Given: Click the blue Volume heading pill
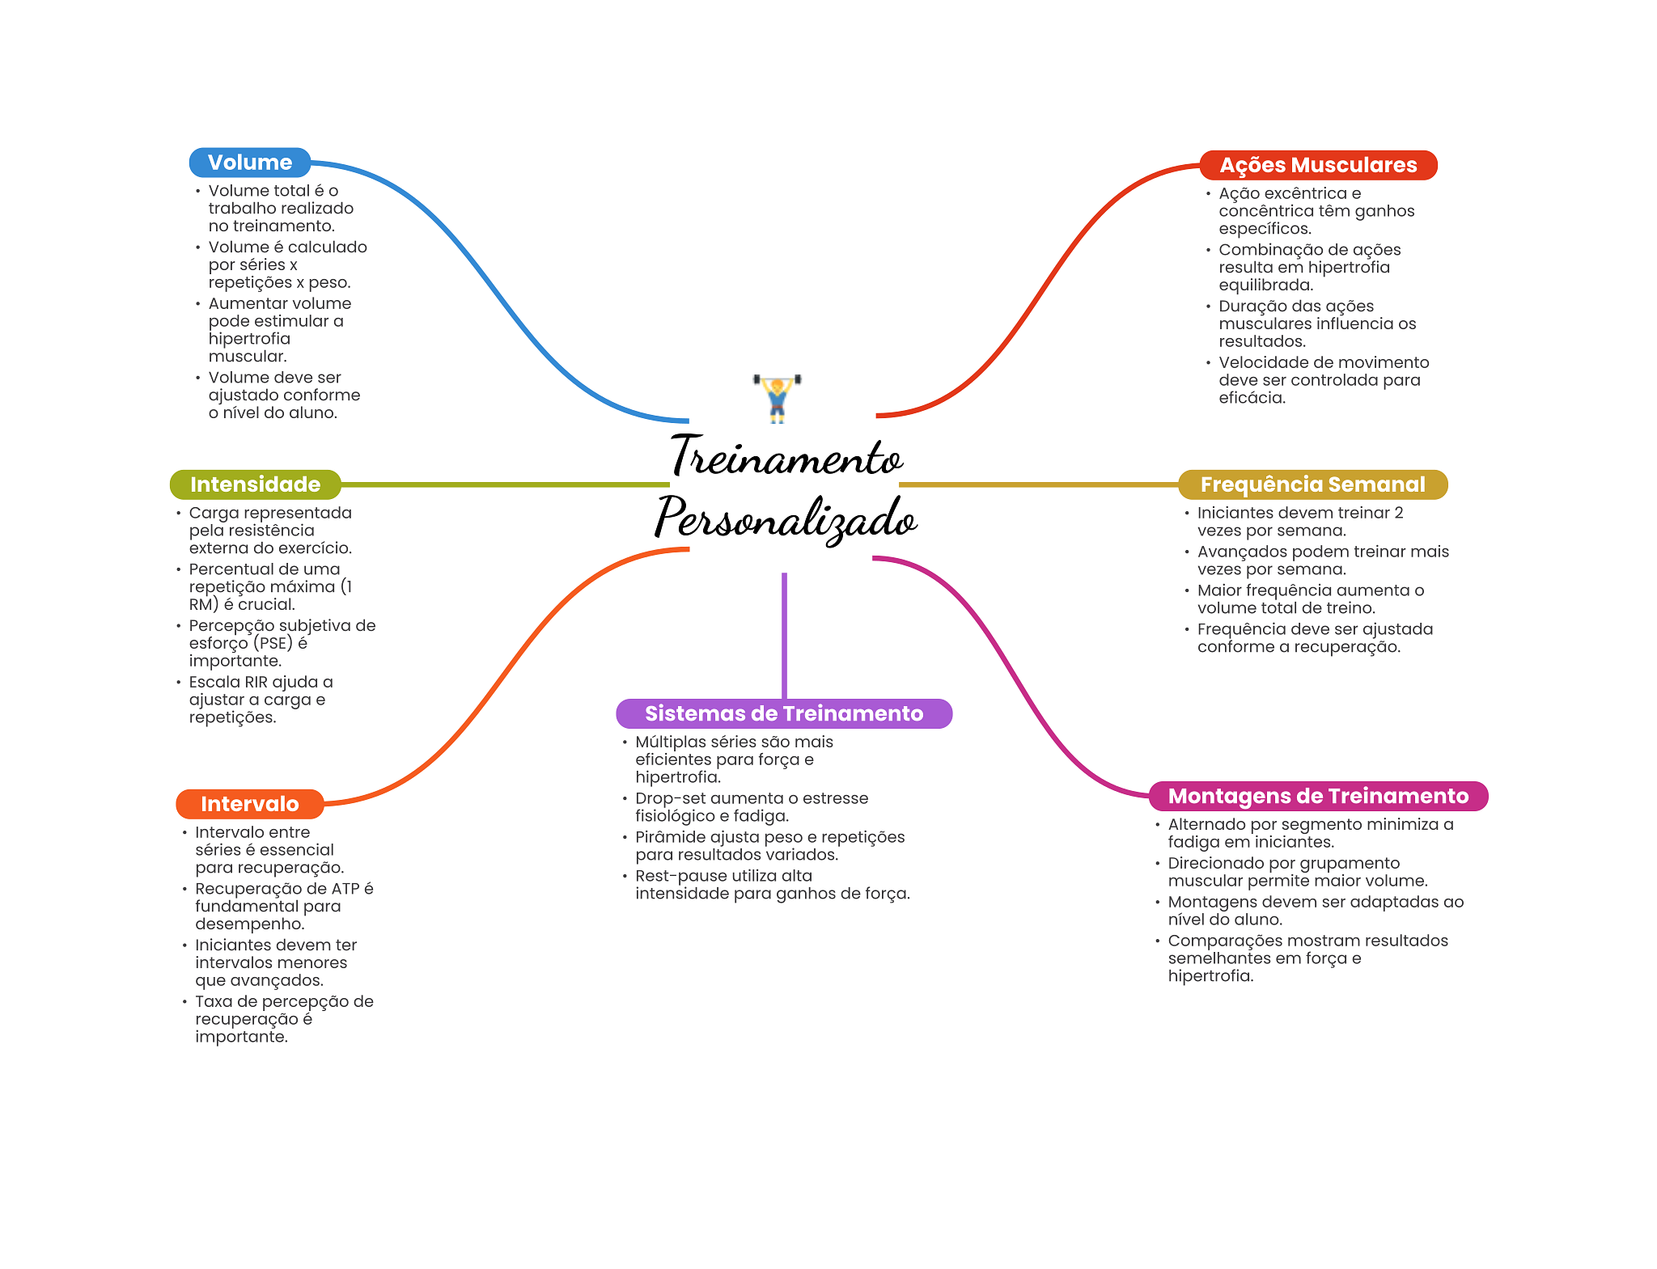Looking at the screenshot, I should pyautogui.click(x=249, y=163).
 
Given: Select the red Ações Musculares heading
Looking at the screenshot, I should pyautogui.click(x=1318, y=165).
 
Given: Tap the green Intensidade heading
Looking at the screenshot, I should pyautogui.click(x=255, y=484).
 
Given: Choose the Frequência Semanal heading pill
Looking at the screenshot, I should pyautogui.click(x=1312, y=484).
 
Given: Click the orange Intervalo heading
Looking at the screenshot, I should pyautogui.click(x=249, y=804).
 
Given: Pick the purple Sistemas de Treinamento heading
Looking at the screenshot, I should pyautogui.click(x=783, y=713).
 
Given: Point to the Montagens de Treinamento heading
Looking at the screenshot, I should pyautogui.click(x=1318, y=796).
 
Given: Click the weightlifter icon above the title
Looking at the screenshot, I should pyautogui.click(x=777, y=398).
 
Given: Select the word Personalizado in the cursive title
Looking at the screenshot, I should pyautogui.click(x=786, y=519).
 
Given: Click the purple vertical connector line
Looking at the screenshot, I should pyautogui.click(x=784, y=635).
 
